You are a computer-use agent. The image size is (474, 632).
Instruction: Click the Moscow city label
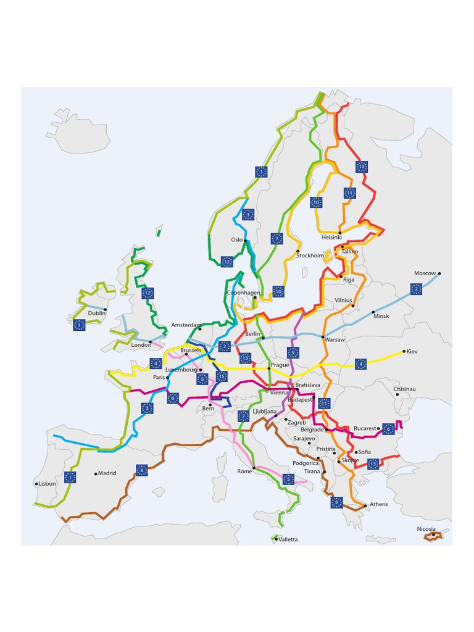tap(425, 273)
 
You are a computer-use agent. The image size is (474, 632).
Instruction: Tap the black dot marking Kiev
tap(404, 352)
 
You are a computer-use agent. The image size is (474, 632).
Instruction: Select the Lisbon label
tap(47, 484)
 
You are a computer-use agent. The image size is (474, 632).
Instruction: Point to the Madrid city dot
tap(96, 474)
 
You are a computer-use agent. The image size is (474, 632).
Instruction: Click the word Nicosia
tap(426, 529)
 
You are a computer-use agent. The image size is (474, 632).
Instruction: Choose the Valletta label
tap(288, 539)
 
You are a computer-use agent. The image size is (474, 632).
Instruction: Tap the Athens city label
tap(379, 504)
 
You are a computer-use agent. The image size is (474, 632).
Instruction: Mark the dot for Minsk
tap(373, 312)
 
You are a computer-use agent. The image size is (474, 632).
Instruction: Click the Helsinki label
tap(331, 237)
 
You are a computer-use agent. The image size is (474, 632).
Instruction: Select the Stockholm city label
tap(310, 256)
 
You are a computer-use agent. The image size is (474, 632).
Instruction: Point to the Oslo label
tap(237, 239)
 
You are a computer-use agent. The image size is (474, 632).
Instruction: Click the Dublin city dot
tap(106, 309)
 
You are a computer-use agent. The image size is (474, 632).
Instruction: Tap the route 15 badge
tap(222, 376)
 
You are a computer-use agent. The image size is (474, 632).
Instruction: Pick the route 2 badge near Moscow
tap(416, 288)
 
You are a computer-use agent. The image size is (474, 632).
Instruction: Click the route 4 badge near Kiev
tap(361, 364)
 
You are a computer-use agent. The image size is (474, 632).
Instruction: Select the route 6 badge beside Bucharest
tap(388, 428)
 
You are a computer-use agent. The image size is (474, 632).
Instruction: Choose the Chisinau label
tap(405, 389)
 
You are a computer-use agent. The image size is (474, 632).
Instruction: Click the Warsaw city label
tap(335, 339)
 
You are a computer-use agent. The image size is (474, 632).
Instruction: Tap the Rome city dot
tap(254, 468)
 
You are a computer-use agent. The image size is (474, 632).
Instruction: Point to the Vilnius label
tap(344, 301)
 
